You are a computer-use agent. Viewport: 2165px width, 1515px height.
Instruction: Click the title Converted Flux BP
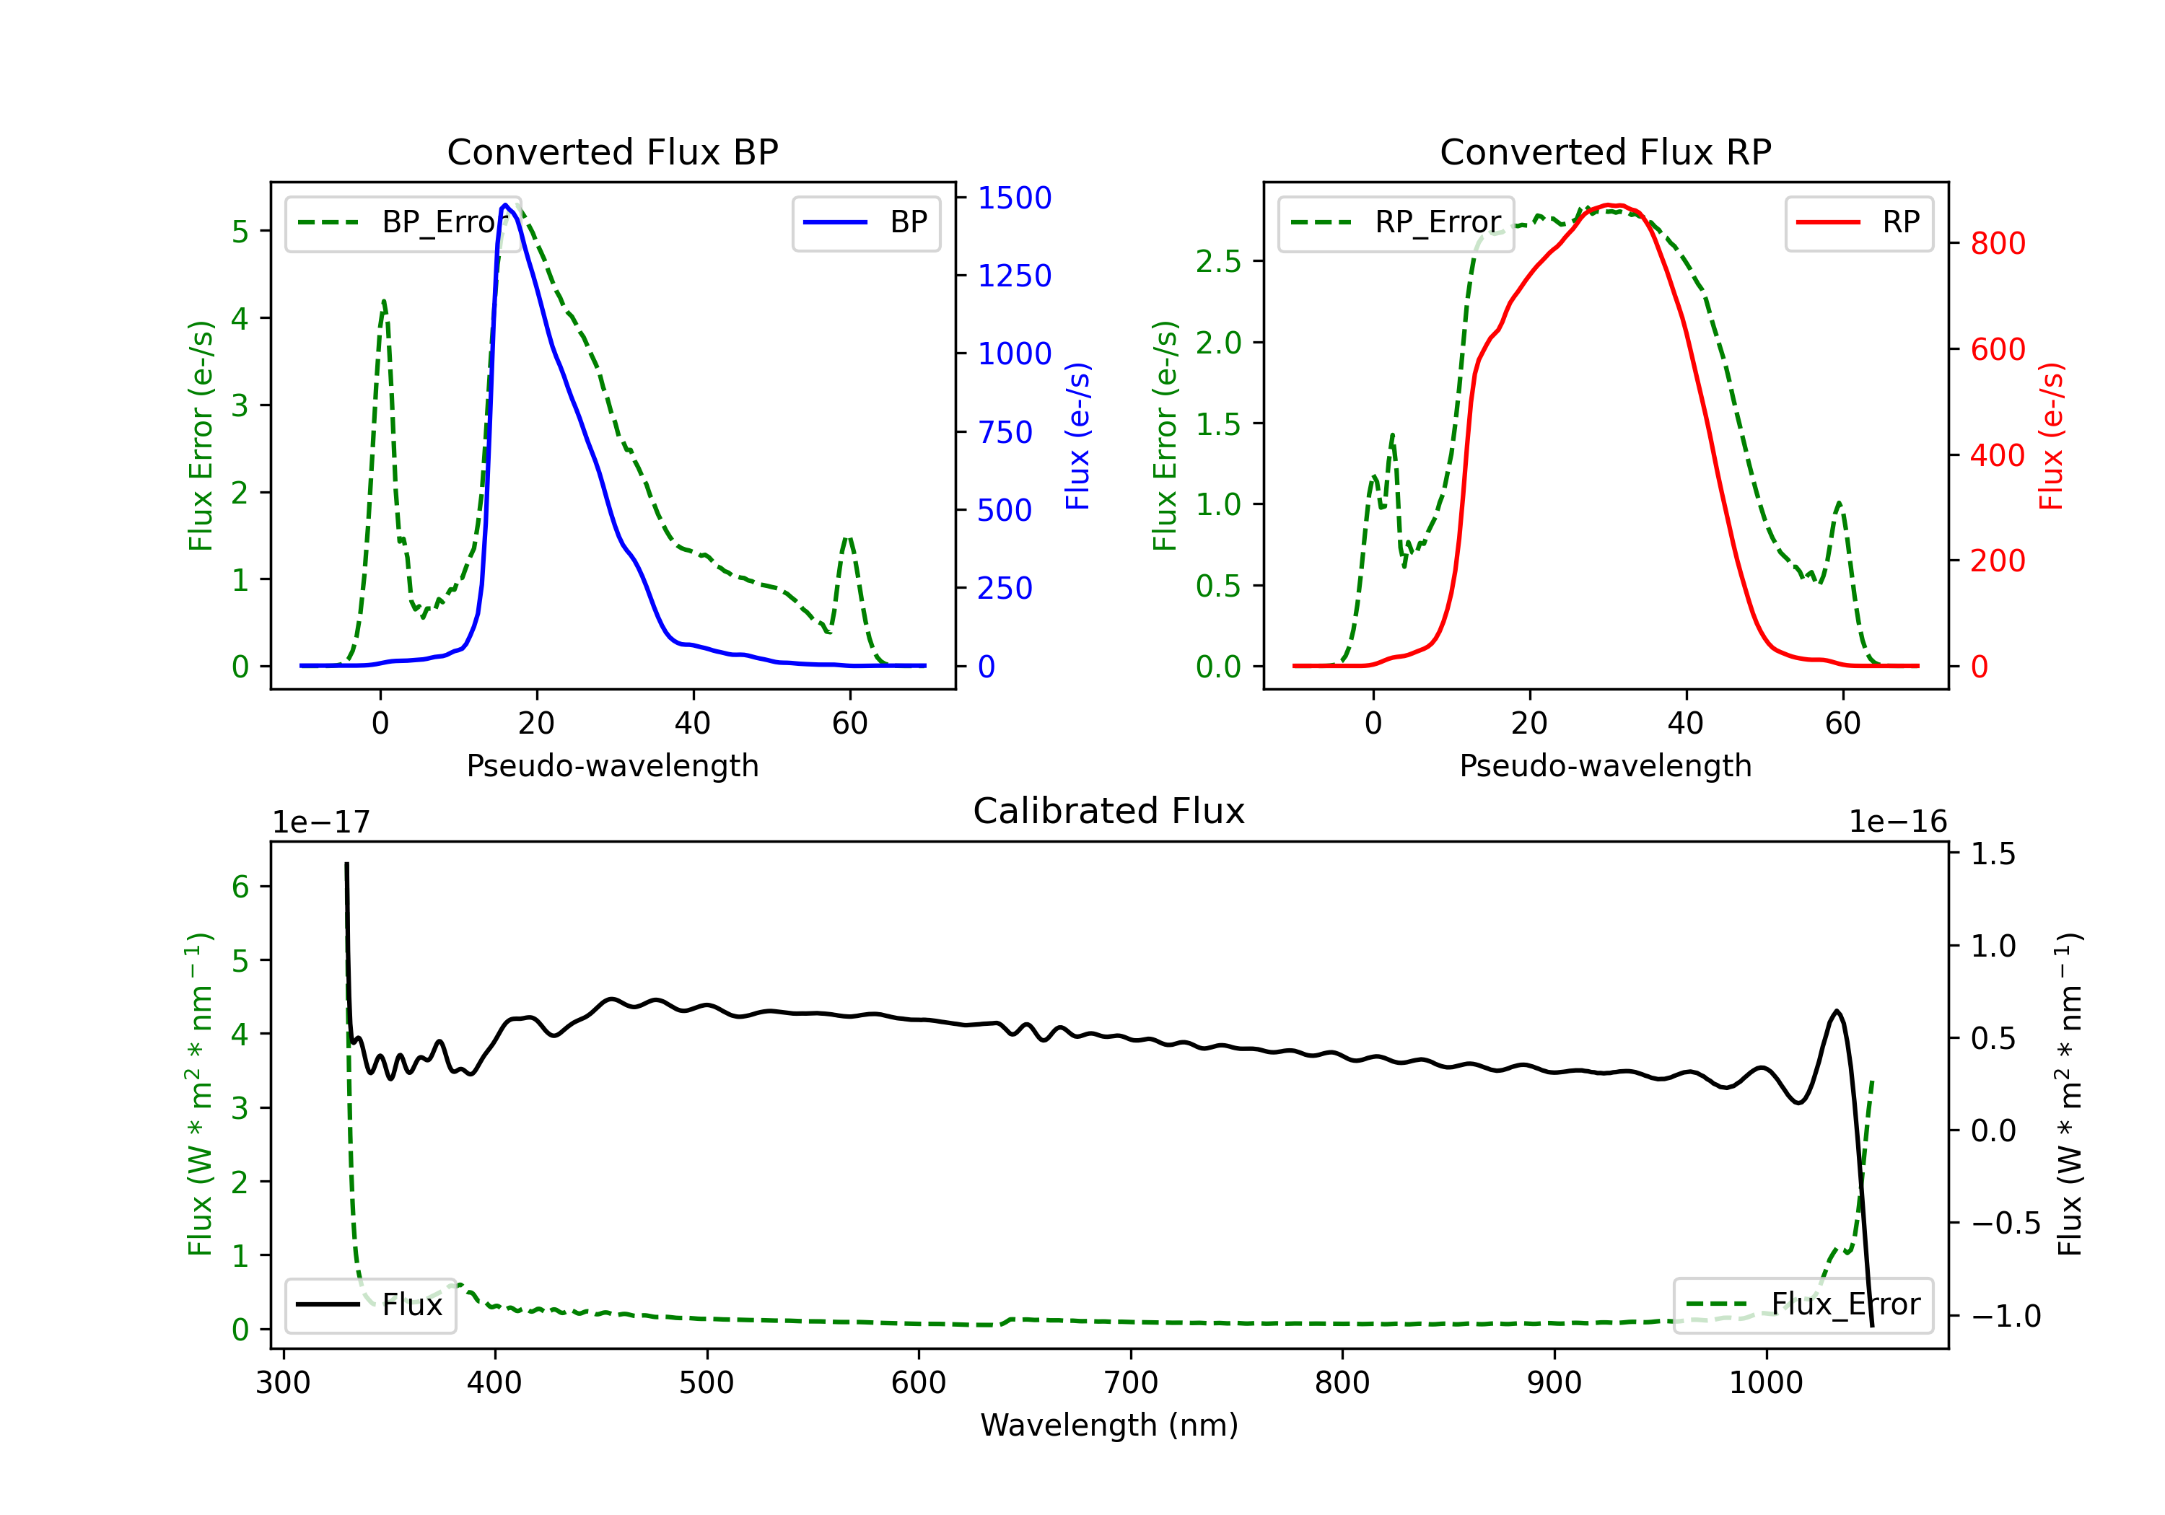(x=612, y=151)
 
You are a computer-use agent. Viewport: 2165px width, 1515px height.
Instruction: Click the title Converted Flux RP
(x=1605, y=151)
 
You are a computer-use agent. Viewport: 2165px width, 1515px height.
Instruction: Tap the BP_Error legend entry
(x=403, y=222)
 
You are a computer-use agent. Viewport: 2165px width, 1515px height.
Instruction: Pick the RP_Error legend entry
(x=1396, y=222)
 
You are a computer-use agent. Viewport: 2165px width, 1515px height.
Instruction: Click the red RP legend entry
(x=1858, y=222)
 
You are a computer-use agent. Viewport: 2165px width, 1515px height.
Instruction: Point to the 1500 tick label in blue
(x=1014, y=198)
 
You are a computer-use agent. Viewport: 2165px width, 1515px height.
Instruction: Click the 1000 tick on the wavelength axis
(x=1765, y=1382)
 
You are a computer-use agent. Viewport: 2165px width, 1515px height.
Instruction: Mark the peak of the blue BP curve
(x=505, y=205)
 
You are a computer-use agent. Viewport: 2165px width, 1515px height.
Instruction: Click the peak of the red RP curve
(x=1614, y=205)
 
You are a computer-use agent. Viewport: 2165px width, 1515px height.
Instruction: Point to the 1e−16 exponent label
(x=1897, y=822)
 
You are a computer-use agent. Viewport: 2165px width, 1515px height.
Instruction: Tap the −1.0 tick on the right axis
(x=2005, y=1315)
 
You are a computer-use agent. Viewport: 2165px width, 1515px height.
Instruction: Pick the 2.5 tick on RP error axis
(x=1218, y=261)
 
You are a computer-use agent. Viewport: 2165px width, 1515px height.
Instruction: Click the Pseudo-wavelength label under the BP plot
(x=612, y=765)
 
